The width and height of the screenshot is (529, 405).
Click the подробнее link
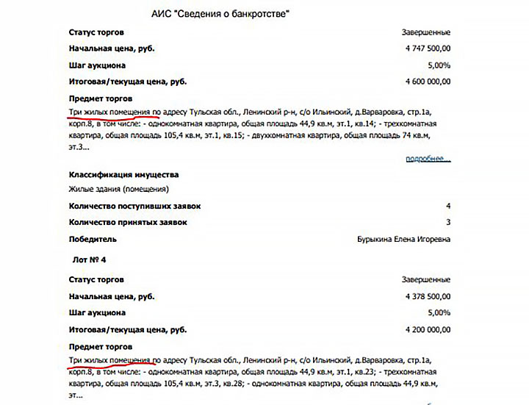428,159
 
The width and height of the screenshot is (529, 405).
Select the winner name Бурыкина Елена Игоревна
403,239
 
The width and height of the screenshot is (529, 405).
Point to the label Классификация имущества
123,175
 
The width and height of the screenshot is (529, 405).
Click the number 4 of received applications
447,207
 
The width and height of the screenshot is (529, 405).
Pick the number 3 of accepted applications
447,223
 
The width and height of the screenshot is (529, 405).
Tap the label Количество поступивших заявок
134,207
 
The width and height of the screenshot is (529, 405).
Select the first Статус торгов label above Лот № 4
96,33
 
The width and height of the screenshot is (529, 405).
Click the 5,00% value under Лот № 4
438,312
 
